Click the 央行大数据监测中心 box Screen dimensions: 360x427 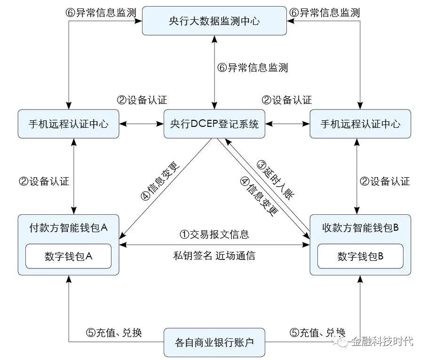[214, 21]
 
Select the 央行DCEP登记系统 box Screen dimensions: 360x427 [214, 125]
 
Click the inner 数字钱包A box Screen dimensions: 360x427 [69, 257]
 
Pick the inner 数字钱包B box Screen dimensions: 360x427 [360, 257]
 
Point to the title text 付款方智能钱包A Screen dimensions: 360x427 [69, 228]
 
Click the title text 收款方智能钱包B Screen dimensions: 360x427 [360, 228]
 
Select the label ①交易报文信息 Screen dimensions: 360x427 [214, 234]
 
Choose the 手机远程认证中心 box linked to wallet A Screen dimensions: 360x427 [69, 125]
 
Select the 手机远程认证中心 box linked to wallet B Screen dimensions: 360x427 [360, 125]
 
